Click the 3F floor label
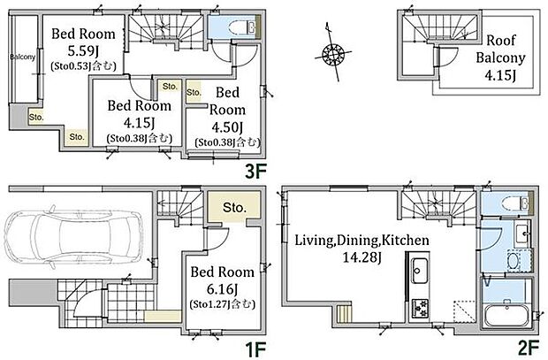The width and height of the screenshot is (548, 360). pyautogui.click(x=255, y=171)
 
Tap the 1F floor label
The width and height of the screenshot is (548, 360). pyautogui.click(x=255, y=349)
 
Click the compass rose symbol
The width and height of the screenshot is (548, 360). pyautogui.click(x=333, y=54)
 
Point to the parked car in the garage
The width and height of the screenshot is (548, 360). pyautogui.click(x=73, y=240)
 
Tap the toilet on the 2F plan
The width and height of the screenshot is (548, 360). pyautogui.click(x=514, y=203)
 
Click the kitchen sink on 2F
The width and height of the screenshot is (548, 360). pyautogui.click(x=419, y=271)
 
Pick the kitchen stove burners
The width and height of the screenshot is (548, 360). pyautogui.click(x=419, y=308)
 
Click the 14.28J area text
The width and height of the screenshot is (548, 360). pyautogui.click(x=362, y=258)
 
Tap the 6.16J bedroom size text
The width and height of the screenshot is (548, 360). pyautogui.click(x=222, y=289)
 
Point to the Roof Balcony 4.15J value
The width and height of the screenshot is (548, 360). pyautogui.click(x=500, y=75)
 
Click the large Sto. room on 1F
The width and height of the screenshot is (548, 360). pyautogui.click(x=234, y=207)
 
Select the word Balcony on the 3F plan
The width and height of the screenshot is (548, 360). pyautogui.click(x=23, y=57)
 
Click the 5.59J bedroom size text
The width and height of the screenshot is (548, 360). pyautogui.click(x=83, y=51)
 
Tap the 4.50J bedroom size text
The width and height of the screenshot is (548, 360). pyautogui.click(x=227, y=127)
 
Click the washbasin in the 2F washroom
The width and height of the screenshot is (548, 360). pyautogui.click(x=522, y=233)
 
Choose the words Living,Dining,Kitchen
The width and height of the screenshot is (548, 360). pyautogui.click(x=362, y=241)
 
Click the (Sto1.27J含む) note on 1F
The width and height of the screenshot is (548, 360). pyautogui.click(x=222, y=304)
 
